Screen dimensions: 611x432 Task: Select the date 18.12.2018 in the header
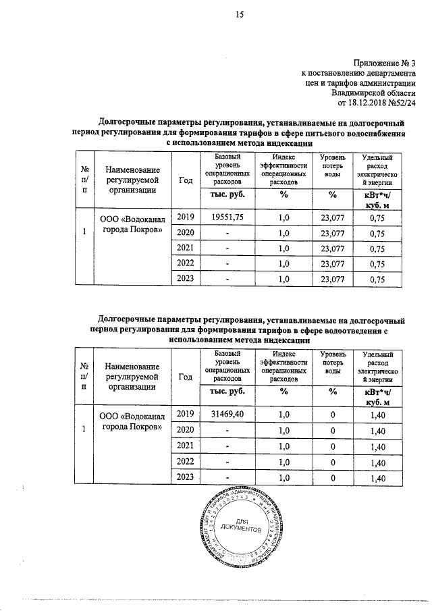[x=371, y=103]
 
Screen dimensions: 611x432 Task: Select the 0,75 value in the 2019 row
[x=377, y=217]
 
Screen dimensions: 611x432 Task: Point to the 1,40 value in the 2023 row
[x=377, y=478]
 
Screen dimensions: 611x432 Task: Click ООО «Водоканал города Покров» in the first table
[x=131, y=223]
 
